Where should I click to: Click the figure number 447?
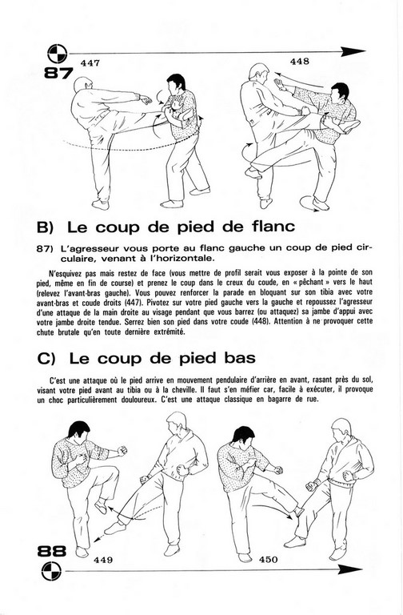click(90, 63)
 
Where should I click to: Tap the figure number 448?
click(300, 61)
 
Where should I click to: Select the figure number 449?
click(103, 560)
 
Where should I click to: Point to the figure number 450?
click(269, 559)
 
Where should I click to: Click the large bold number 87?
click(58, 73)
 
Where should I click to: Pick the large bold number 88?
click(52, 552)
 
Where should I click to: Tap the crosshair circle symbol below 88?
click(51, 571)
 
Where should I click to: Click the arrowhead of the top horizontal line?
click(353, 51)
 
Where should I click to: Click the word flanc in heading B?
click(272, 227)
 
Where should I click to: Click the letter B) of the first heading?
click(46, 227)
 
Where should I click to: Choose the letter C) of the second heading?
click(46, 359)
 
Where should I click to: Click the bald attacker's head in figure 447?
click(84, 85)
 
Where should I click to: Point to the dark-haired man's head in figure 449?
click(78, 432)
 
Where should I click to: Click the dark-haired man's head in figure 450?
click(243, 437)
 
